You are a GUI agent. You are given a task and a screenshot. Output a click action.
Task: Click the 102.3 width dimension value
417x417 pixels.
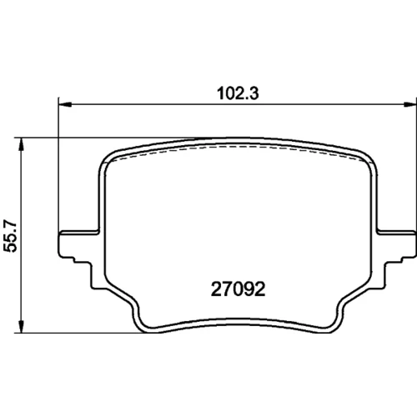(x=238, y=93)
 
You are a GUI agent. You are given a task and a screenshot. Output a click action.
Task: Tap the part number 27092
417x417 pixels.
(x=239, y=289)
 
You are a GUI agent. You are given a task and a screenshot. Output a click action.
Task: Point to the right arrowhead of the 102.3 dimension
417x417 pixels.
(x=410, y=104)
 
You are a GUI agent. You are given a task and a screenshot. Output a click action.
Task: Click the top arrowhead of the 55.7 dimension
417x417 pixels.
(x=21, y=144)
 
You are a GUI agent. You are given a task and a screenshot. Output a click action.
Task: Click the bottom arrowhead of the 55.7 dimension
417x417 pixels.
(x=21, y=326)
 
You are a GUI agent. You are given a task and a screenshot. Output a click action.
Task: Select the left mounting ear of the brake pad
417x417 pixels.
(x=78, y=244)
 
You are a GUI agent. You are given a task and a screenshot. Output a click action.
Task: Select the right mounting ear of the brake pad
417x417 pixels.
(x=397, y=244)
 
